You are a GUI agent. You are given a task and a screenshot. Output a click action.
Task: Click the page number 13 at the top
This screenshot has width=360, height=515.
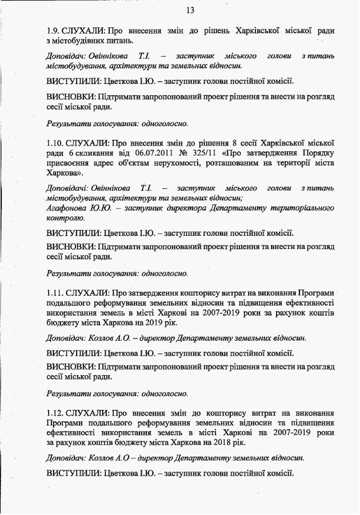[190, 10]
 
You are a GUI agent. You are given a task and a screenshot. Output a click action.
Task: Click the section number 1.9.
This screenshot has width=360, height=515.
[54, 30]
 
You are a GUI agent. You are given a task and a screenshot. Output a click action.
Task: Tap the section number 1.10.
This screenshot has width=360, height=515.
[56, 142]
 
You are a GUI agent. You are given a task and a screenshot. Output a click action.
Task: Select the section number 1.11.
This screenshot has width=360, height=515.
[56, 292]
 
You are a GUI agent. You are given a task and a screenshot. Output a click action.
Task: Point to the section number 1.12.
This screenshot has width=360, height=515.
[56, 412]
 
